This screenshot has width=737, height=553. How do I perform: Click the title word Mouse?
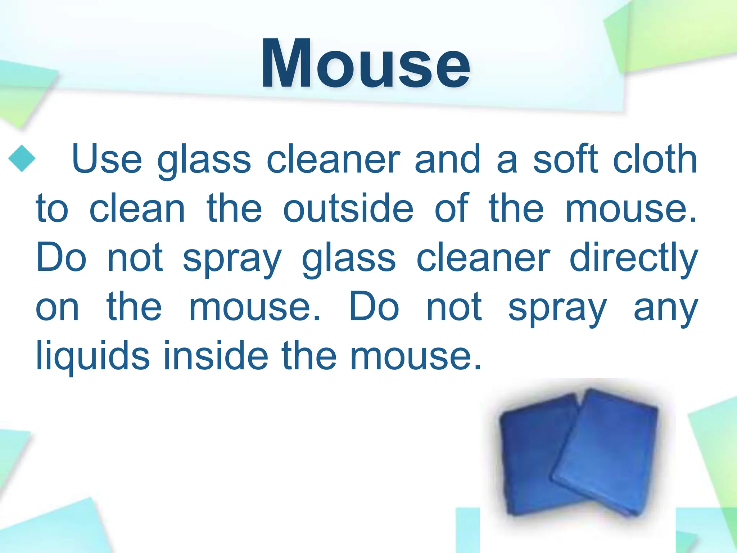(366, 64)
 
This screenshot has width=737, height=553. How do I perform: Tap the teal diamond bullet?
(22, 158)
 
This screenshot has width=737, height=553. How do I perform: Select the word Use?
(107, 159)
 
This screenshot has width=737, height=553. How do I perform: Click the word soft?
(565, 159)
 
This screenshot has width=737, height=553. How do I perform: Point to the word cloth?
(655, 159)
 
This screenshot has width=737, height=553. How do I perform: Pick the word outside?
(348, 208)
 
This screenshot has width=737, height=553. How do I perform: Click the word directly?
(633, 258)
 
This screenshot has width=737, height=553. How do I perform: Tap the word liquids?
(93, 356)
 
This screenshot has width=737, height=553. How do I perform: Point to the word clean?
(137, 208)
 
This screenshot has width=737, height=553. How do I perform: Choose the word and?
(448, 159)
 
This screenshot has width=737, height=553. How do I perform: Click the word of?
(452, 208)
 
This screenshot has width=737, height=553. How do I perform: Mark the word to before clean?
(52, 208)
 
